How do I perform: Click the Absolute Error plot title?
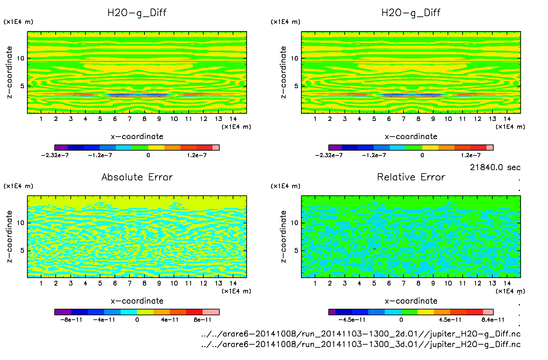tap(137, 177)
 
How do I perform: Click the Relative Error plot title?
tap(411, 177)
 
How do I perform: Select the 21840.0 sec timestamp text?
tap(495, 167)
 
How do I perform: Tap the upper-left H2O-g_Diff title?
tap(137, 13)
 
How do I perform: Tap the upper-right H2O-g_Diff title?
tap(411, 13)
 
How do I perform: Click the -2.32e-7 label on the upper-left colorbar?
tap(55, 155)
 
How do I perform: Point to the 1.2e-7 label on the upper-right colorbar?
tap(470, 155)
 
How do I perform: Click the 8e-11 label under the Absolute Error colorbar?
tap(203, 320)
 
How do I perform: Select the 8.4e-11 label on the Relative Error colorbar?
tap(493, 320)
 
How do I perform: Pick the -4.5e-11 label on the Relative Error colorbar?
tap(352, 320)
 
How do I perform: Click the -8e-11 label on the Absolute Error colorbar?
tap(71, 320)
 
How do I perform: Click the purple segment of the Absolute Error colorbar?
tap(63, 312)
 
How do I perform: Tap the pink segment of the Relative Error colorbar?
tap(488, 312)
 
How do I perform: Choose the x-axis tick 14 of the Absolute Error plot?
tap(233, 283)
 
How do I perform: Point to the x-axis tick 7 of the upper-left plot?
tap(129, 119)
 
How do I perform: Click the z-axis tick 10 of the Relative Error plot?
tap(294, 223)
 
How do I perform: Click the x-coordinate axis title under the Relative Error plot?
tap(411, 301)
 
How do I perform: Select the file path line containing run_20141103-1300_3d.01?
tap(361, 344)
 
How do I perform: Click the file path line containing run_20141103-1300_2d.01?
tap(361, 334)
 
